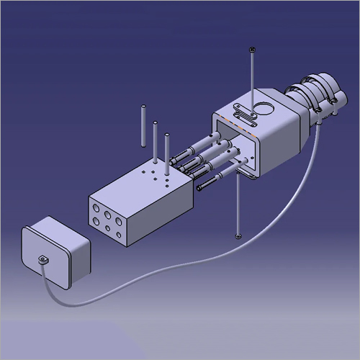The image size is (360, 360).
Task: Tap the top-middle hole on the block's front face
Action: (106, 213)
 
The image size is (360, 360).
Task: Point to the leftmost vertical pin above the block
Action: (143, 126)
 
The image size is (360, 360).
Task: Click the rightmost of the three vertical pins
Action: (167, 151)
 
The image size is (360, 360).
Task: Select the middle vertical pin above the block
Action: (155, 141)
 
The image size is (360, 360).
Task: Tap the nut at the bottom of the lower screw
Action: (238, 235)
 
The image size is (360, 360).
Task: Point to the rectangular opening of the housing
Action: (234, 144)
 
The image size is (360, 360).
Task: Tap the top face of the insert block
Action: (144, 184)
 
